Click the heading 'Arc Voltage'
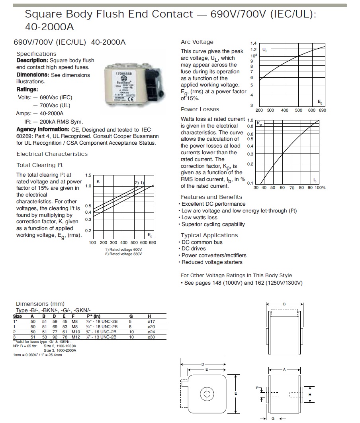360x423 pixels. pos(197,42)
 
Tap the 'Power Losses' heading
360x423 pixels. pos(200,109)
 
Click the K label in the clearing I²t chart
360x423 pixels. pos(98,182)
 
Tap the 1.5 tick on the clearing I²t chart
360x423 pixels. pos(88,175)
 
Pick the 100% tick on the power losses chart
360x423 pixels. pos(319,187)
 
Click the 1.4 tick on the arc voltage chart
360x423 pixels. pos(253,43)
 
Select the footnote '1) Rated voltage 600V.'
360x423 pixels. pos(123,250)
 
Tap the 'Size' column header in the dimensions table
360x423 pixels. pos(18,316)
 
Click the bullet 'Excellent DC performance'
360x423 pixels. pos(213,204)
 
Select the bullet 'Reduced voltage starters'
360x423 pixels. pos(212,262)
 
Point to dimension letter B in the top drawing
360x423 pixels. pos(284,304)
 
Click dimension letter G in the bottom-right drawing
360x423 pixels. pos(272,418)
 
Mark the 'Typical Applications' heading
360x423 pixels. pos(209,235)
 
